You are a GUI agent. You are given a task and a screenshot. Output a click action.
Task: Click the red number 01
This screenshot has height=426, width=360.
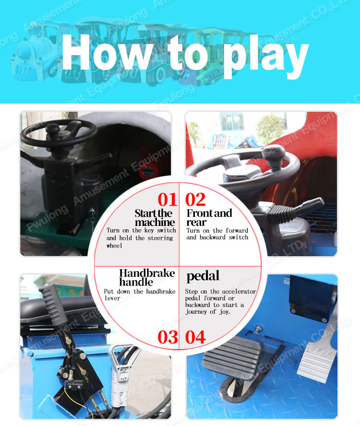167,200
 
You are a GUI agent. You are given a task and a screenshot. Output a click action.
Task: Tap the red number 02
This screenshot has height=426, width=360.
195,200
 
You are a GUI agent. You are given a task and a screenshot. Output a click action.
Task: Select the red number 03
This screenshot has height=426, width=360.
168,337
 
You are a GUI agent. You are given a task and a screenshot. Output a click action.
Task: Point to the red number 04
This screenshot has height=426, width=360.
195,337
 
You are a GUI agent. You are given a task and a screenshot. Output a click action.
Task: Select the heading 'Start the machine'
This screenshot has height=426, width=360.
155,218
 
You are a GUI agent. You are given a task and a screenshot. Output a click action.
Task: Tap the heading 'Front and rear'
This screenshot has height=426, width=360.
209,218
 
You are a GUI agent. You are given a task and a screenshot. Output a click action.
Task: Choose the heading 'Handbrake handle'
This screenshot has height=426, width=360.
147,277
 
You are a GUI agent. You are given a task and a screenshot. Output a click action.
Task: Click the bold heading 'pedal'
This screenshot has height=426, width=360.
203,276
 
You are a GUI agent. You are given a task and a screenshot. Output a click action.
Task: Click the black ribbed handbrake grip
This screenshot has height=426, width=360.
53,305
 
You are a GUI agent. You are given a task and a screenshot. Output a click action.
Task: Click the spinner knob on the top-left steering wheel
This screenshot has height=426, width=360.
53,128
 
